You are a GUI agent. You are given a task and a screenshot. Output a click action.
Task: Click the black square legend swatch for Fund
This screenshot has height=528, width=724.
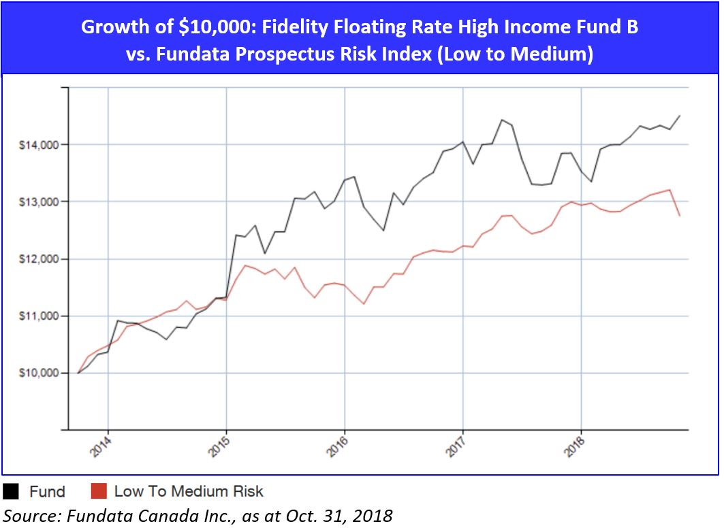pos(12,491)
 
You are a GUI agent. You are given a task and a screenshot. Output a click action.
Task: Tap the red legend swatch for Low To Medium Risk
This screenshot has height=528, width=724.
pos(97,491)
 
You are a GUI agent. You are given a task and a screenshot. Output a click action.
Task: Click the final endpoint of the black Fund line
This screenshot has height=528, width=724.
pos(680,116)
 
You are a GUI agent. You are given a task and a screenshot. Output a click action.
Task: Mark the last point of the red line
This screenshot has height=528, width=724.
pos(680,216)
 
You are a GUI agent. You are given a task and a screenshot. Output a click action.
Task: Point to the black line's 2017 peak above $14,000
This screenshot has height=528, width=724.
pos(502,120)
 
